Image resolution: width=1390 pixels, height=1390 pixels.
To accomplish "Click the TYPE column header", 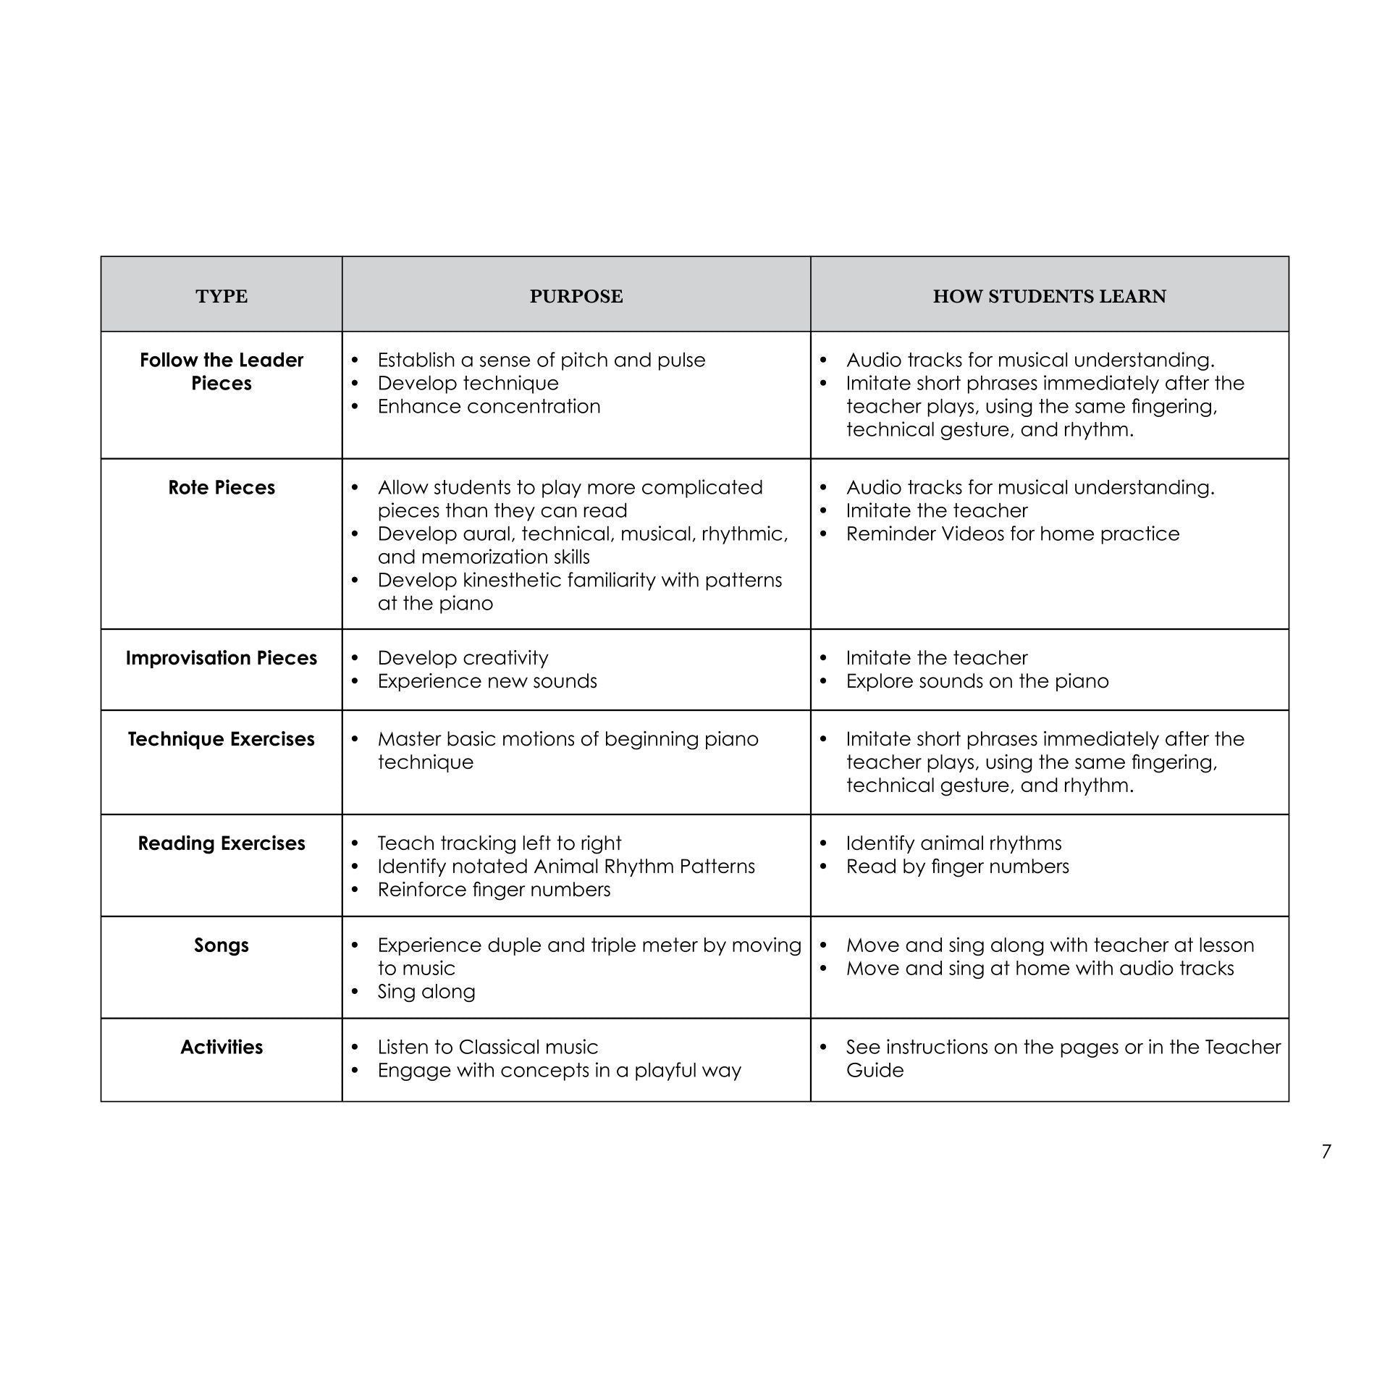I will pos(222,296).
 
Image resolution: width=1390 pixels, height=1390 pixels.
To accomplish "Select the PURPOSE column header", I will pos(576,296).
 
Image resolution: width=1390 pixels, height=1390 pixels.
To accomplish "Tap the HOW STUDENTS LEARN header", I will pos(1049,296).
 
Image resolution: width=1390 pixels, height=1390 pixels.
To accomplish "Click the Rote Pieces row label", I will pos(222,487).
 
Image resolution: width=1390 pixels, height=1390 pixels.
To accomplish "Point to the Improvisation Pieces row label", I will pos(222,657).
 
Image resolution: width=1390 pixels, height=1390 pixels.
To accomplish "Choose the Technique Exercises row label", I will pos(222,738).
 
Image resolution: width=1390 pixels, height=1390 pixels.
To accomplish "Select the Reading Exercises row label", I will pos(222,843).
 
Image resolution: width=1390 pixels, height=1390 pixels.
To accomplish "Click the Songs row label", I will pos(222,945).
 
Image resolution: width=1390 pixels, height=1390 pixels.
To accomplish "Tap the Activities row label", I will pos(222,1047).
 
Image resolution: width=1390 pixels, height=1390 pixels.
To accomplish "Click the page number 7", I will pos(1326,1151).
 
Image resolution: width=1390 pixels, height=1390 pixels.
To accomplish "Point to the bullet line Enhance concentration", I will pos(489,406).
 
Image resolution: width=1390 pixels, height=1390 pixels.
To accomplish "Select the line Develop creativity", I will pos(463,657).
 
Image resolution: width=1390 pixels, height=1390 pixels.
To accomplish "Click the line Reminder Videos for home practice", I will pos(1012,534).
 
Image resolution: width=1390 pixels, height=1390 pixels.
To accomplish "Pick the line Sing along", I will pos(426,991).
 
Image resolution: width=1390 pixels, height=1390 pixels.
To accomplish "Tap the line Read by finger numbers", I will pos(957,866).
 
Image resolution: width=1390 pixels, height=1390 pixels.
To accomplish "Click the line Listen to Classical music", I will pos(487,1047).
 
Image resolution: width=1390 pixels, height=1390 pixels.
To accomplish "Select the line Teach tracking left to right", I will pos(499,843).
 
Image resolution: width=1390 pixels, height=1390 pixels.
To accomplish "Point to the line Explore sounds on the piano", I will pos(977,681).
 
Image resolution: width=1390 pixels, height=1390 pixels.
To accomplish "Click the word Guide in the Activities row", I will pos(875,1070).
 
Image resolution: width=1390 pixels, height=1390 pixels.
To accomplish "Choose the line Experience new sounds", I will pos(487,681).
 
